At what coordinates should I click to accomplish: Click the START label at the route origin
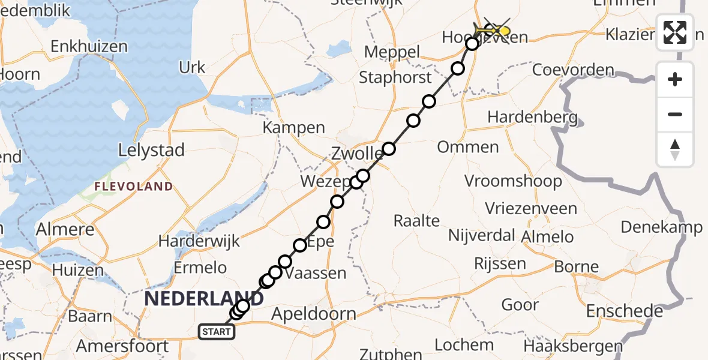pyautogui.click(x=215, y=331)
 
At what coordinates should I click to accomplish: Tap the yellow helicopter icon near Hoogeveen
pyautogui.click(x=494, y=30)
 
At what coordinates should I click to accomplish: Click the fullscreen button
pyautogui.click(x=675, y=32)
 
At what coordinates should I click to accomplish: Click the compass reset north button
pyautogui.click(x=675, y=149)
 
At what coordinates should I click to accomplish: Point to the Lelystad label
pyautogui.click(x=152, y=150)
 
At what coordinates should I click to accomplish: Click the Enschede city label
pyautogui.click(x=625, y=311)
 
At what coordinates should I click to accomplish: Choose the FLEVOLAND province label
pyautogui.click(x=133, y=187)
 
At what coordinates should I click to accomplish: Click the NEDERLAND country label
pyautogui.click(x=203, y=298)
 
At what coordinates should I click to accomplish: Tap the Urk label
pyautogui.click(x=192, y=67)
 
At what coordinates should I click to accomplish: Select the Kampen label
pyautogui.click(x=294, y=128)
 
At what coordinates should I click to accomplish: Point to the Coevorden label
pyautogui.click(x=574, y=70)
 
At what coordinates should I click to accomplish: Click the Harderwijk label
pyautogui.click(x=199, y=241)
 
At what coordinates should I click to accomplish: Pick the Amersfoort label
pyautogui.click(x=122, y=346)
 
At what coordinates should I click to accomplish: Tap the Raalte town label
pyautogui.click(x=416, y=220)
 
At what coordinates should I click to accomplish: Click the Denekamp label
pyautogui.click(x=661, y=227)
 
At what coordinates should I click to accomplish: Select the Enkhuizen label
pyautogui.click(x=89, y=46)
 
